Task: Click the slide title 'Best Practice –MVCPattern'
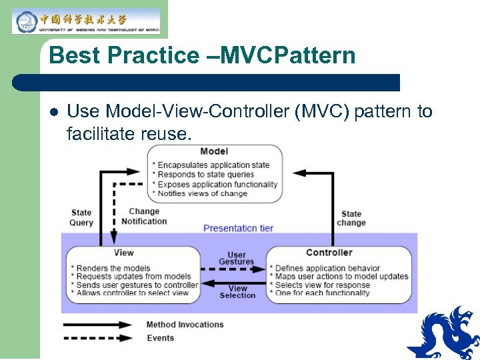[202, 55]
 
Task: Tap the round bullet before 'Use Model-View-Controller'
[53, 112]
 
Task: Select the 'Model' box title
[213, 151]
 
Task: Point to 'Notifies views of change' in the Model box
[202, 193]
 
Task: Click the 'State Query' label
[81, 217]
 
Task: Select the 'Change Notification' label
[144, 217]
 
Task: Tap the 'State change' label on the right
[351, 219]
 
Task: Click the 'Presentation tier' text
[238, 228]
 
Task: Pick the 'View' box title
[124, 253]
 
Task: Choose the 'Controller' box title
[329, 253]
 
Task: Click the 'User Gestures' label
[237, 258]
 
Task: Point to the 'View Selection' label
[237, 292]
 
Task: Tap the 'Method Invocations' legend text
[185, 325]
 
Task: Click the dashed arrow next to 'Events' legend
[99, 338]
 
